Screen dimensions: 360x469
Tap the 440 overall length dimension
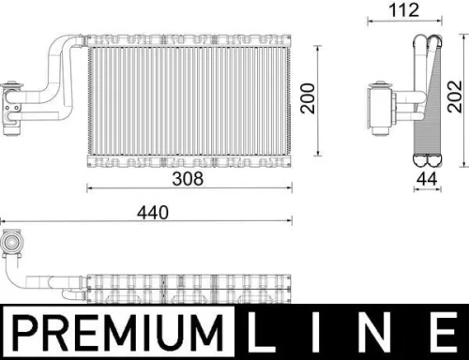coord(152,214)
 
